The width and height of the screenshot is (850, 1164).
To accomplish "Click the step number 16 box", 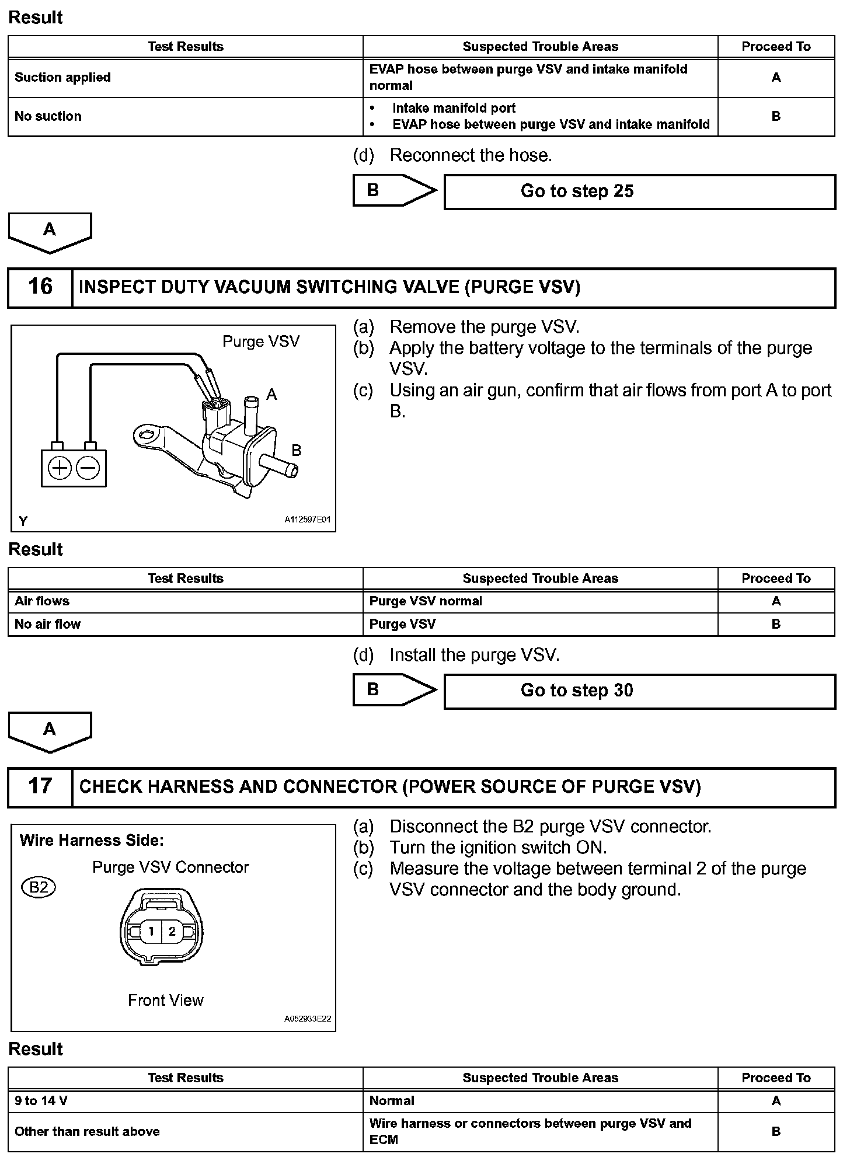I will click(x=40, y=287).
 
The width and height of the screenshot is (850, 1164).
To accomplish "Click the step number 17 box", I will click(x=40, y=786).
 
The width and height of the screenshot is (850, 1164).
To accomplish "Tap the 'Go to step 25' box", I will click(x=639, y=191).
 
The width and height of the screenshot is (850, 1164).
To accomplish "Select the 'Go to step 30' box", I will click(x=639, y=691).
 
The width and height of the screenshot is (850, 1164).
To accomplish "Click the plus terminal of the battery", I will click(x=59, y=468).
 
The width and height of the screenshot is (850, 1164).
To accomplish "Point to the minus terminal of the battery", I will click(x=88, y=468).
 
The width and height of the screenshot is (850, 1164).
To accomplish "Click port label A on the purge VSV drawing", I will click(x=271, y=395).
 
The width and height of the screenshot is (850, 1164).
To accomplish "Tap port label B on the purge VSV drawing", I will click(x=297, y=450).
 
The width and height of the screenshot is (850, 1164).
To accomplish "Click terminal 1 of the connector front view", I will click(x=151, y=931).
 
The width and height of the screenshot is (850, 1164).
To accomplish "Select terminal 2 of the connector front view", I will click(x=172, y=931).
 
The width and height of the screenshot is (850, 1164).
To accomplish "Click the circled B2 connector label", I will click(x=39, y=888).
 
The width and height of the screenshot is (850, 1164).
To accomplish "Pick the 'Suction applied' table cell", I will click(x=62, y=78).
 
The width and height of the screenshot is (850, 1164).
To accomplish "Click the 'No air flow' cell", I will click(x=48, y=624).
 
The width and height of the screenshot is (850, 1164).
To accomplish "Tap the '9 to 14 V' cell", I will click(x=41, y=1100).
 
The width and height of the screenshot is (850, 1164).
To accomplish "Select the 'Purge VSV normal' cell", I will click(x=426, y=601).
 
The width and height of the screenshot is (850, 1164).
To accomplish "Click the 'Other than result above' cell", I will click(x=87, y=1131).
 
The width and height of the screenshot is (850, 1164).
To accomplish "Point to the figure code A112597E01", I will click(x=308, y=519).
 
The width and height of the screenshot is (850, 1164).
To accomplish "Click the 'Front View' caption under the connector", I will click(x=166, y=1000).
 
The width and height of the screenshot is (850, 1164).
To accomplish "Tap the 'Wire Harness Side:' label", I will click(x=92, y=841).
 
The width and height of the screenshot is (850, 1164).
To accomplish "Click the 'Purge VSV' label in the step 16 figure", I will click(x=261, y=341).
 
